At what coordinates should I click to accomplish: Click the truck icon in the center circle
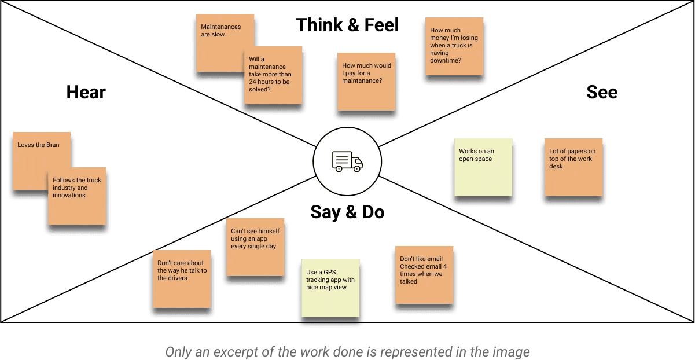347,161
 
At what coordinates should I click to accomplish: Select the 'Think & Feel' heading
347,25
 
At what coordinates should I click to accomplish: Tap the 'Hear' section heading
86,92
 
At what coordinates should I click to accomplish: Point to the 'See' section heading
602,92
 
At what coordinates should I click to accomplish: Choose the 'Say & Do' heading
347,212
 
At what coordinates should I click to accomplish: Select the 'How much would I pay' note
366,82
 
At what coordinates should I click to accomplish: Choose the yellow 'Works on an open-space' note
483,167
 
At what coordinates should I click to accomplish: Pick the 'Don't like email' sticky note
424,275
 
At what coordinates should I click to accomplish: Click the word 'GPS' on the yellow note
329,272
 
